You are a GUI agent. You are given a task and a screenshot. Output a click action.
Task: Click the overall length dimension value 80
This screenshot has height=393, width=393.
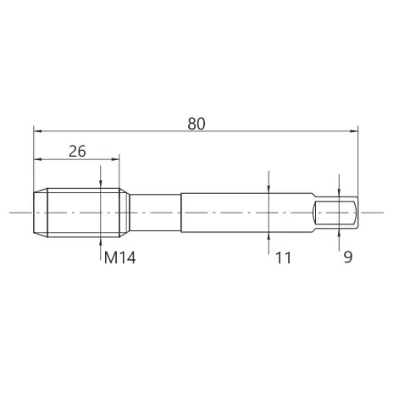point(196,124)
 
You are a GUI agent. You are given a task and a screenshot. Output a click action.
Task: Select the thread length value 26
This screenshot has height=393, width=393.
point(77,152)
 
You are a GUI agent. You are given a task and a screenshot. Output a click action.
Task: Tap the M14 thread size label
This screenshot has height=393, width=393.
point(120,257)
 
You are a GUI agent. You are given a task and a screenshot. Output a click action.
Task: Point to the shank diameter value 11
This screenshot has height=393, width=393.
point(283,257)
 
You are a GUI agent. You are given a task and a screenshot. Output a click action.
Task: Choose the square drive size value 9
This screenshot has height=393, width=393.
point(348,257)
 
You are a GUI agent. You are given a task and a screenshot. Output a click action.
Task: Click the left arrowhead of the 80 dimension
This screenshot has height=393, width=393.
point(37,131)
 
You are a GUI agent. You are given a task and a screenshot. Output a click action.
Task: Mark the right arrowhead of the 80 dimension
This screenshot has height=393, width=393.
point(354,131)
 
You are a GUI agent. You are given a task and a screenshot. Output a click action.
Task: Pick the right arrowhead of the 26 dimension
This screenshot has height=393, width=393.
point(115,159)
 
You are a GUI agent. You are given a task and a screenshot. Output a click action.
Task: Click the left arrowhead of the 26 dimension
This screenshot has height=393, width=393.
point(37,159)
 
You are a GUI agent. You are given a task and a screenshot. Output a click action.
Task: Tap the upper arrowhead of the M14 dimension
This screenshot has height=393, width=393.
point(101,184)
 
